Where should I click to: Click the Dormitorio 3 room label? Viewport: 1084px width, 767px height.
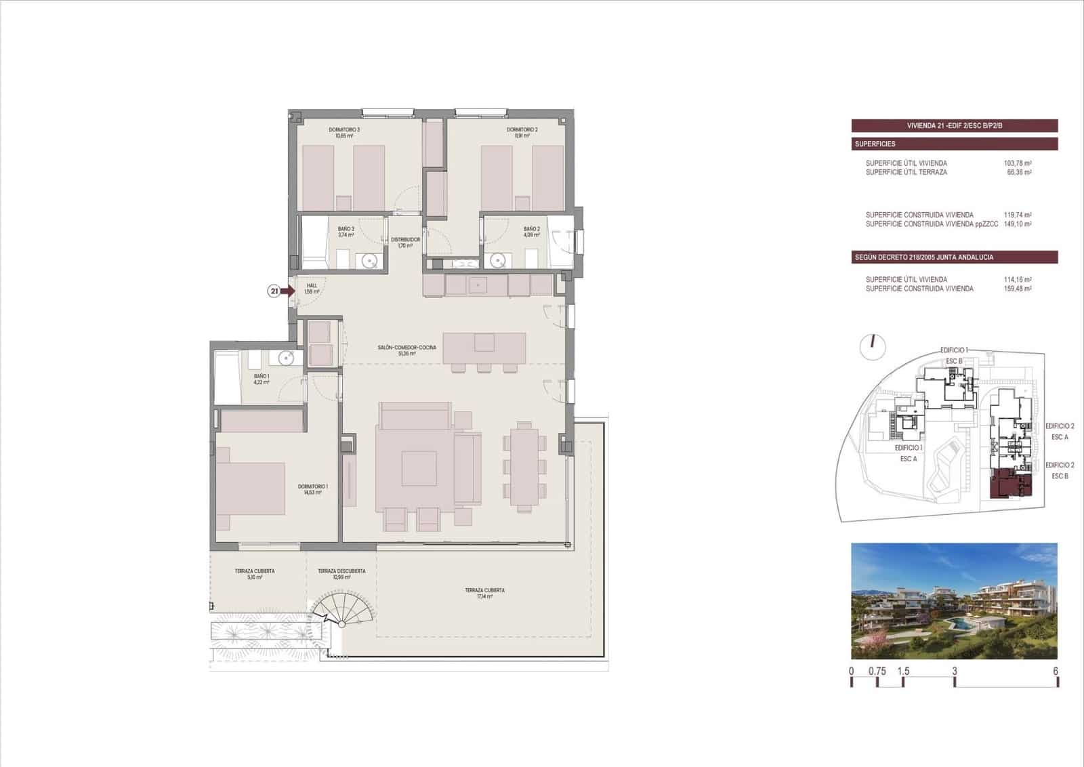[344, 132]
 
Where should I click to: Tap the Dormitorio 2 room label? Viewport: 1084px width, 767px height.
[522, 132]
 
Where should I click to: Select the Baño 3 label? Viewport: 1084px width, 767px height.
[346, 232]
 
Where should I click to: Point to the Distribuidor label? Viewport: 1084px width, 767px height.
[405, 242]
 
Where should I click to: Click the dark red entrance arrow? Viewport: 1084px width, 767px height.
[288, 291]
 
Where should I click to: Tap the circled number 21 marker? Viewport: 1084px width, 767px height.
[274, 291]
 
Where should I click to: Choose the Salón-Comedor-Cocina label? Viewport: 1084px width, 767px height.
[406, 350]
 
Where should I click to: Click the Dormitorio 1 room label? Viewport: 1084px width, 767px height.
[312, 489]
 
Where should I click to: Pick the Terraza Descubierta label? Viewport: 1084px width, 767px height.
[341, 574]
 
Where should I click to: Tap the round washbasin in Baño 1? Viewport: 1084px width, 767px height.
[285, 358]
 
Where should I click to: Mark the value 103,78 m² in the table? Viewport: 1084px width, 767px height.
[1017, 163]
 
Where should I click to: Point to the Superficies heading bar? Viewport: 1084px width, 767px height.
[954, 144]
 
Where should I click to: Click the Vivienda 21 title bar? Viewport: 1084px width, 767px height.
[954, 125]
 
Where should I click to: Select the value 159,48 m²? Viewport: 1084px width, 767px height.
[1017, 289]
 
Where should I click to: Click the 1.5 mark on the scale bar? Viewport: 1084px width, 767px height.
[903, 672]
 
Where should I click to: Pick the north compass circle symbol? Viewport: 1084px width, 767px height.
[873, 346]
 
